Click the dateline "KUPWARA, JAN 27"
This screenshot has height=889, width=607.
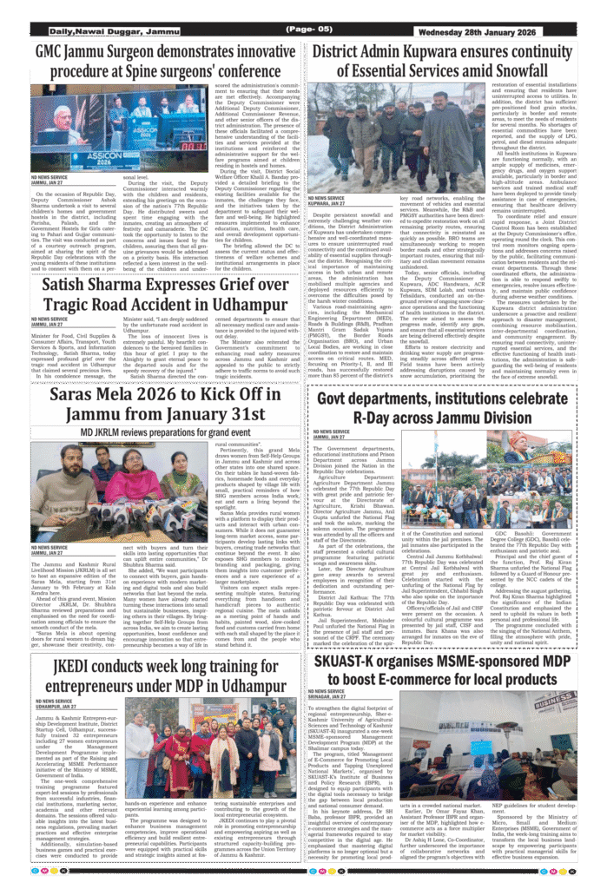click(330, 204)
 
